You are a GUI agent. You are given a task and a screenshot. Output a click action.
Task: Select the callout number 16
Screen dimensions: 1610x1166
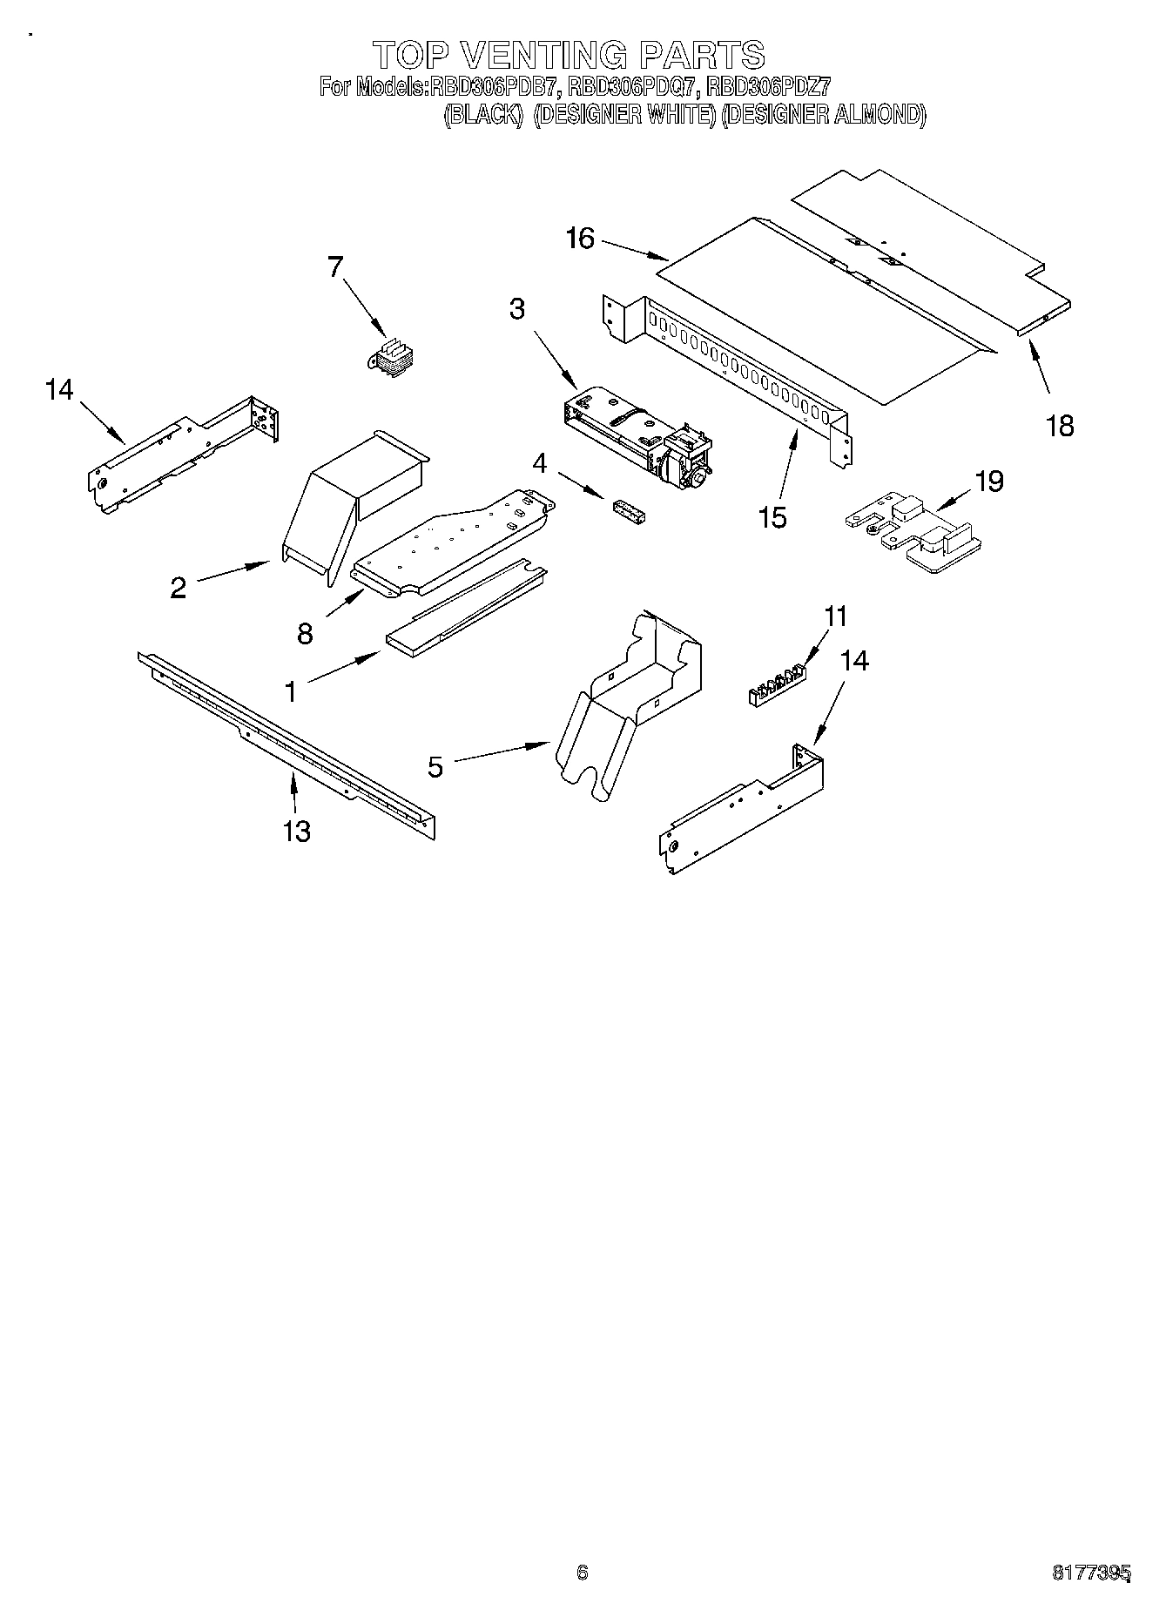point(580,238)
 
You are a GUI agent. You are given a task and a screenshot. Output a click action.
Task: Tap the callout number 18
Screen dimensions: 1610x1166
point(1060,426)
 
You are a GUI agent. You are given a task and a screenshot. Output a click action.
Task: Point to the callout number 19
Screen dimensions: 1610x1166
point(989,481)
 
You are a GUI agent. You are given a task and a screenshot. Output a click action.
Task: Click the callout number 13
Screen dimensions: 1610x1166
point(297,831)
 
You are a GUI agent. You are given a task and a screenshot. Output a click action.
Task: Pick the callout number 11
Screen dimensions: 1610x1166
point(835,617)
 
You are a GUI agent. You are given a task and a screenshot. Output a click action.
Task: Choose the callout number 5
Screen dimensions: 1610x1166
point(435,766)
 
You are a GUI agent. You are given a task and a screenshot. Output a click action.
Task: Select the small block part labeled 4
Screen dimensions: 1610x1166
point(629,511)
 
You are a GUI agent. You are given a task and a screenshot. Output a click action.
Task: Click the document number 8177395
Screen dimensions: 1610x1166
point(1090,1572)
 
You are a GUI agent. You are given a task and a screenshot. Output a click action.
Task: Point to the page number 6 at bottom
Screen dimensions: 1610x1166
point(583,1572)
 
